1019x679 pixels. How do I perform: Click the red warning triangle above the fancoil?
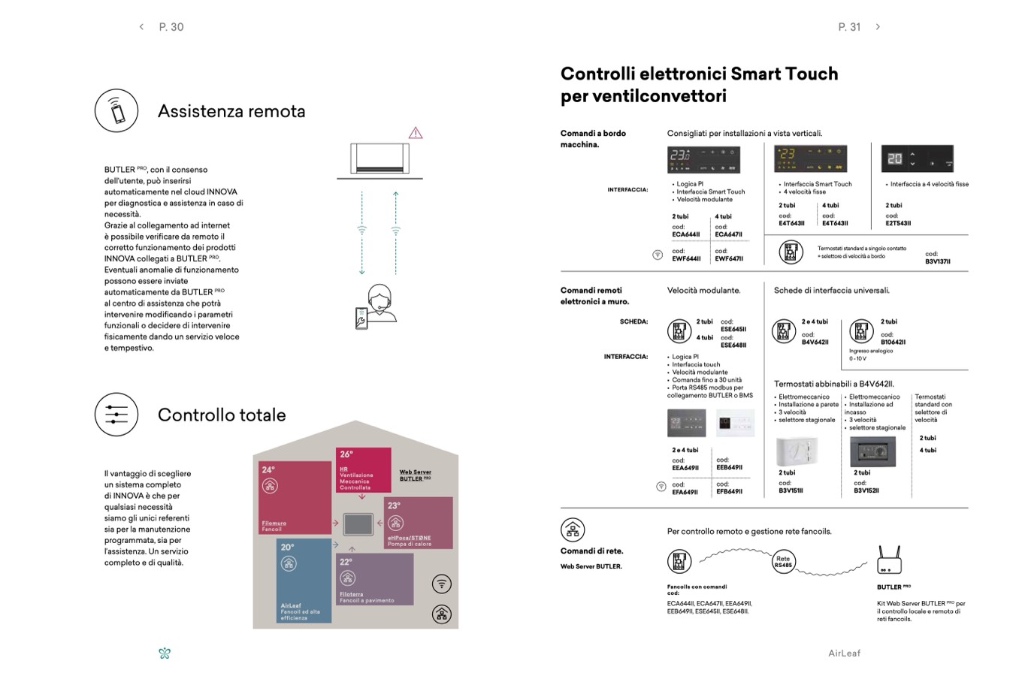[x=416, y=133]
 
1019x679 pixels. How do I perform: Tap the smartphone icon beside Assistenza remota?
[x=116, y=110]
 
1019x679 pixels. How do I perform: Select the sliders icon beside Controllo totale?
[x=116, y=414]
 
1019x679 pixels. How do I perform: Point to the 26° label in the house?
[x=346, y=454]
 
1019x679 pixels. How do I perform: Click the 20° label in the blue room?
[x=288, y=548]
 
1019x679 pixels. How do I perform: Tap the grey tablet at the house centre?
[x=358, y=524]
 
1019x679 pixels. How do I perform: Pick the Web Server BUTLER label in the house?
[x=415, y=475]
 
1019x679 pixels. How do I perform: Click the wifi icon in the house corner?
[x=442, y=584]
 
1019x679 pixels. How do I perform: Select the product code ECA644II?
[x=686, y=234]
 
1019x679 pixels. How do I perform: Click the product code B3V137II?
[x=938, y=261]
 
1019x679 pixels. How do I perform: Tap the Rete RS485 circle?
[x=783, y=562]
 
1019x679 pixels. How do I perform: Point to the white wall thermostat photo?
[x=797, y=451]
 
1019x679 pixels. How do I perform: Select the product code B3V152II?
[x=866, y=490]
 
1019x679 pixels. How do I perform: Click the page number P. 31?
[x=849, y=27]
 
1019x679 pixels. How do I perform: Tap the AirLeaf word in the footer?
[x=844, y=653]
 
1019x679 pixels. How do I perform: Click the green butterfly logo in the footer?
[x=165, y=653]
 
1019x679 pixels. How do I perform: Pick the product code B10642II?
[x=893, y=342]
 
